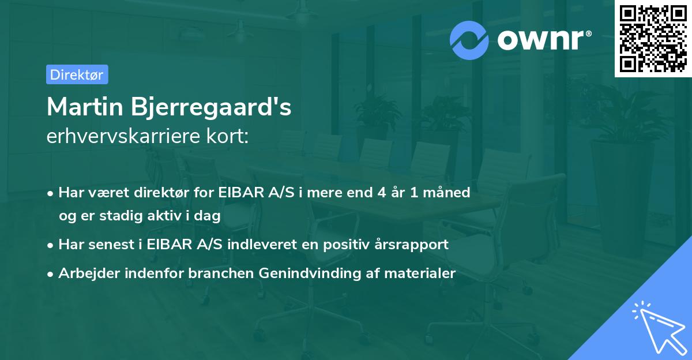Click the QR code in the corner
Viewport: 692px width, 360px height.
pyautogui.click(x=653, y=38)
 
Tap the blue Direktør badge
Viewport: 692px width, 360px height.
pyautogui.click(x=77, y=74)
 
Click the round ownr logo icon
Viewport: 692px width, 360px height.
pyautogui.click(x=469, y=40)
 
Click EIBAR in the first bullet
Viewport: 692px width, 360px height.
pyautogui.click(x=238, y=192)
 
